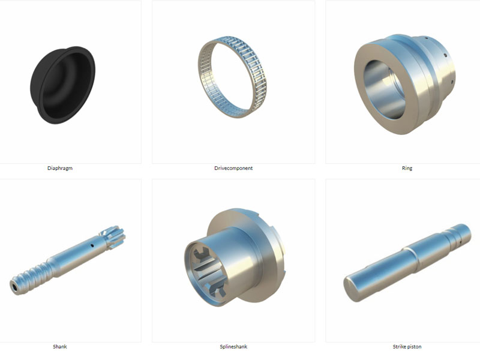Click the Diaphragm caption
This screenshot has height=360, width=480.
coord(60,168)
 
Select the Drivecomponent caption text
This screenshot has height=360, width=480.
coord(233,168)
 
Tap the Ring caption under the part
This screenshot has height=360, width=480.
coord(407,168)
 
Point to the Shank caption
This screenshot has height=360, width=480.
coord(59,347)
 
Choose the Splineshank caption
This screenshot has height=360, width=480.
coord(233,347)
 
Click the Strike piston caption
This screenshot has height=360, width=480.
coord(407,347)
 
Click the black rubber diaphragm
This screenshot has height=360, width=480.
coord(62,85)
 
